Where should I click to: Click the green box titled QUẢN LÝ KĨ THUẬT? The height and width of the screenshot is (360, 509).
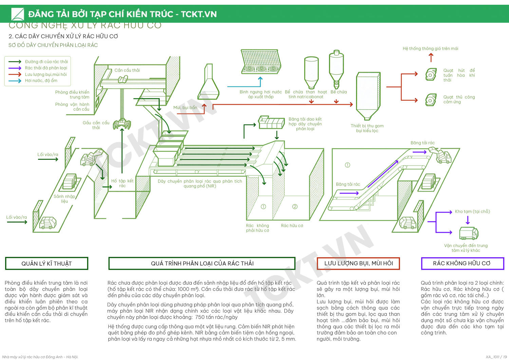coord(46,264)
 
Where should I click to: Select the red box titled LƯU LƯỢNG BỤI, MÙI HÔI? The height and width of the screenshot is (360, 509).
coord(358,263)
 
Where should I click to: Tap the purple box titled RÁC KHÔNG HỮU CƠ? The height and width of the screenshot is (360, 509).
coord(462,263)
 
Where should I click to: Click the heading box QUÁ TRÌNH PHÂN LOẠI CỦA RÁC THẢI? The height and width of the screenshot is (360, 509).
coord(202,263)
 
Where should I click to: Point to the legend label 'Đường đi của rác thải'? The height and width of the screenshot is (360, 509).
coord(46,62)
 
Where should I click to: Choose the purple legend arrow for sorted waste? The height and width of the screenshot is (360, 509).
coord(15,68)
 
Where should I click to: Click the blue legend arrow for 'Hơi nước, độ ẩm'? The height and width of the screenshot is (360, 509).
coord(15,81)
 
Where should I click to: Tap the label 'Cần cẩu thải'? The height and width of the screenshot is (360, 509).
coord(127,70)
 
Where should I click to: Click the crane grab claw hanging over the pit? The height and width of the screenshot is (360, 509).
coord(122,124)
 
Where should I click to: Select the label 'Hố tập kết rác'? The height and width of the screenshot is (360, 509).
coord(122,183)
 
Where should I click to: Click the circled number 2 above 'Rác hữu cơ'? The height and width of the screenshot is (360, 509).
coord(295,207)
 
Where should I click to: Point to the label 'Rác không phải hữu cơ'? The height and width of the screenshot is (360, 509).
coord(257,228)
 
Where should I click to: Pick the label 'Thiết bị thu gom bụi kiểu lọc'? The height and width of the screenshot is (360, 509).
coord(367,128)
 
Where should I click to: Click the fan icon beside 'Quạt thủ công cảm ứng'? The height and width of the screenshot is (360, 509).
coord(431,100)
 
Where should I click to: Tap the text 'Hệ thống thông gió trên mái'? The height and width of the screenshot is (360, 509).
coord(430,49)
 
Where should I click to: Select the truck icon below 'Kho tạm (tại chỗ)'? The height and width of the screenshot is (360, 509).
coord(469,233)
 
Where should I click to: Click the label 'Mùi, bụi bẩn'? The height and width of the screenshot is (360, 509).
coord(185,108)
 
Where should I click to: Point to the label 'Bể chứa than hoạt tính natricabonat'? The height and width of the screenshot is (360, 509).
coord(306,94)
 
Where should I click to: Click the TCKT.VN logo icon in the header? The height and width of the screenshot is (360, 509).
coord(18,14)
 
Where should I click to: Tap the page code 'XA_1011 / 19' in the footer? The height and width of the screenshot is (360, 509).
coord(496,357)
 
